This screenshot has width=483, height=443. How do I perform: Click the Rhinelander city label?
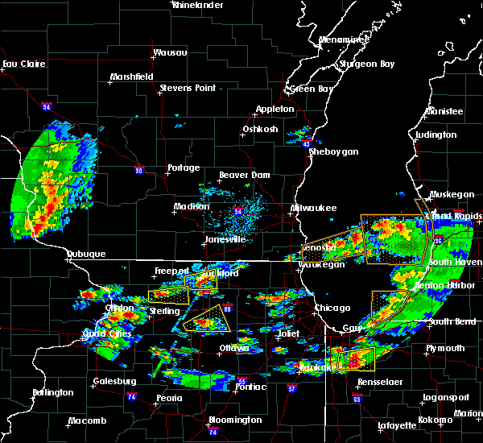(x=198, y=5)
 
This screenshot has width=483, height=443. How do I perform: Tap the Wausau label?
(x=170, y=53)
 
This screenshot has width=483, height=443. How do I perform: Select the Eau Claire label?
(x=21, y=64)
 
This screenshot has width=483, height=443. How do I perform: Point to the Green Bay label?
(x=312, y=89)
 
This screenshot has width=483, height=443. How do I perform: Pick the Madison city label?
(x=192, y=207)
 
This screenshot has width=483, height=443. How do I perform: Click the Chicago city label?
(x=333, y=308)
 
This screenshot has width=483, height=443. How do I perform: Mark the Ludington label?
(x=437, y=135)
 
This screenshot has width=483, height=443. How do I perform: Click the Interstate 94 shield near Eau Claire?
(x=47, y=106)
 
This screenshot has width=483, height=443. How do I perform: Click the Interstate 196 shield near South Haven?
(x=438, y=240)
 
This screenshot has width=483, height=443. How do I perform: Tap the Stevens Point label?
(x=189, y=88)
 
